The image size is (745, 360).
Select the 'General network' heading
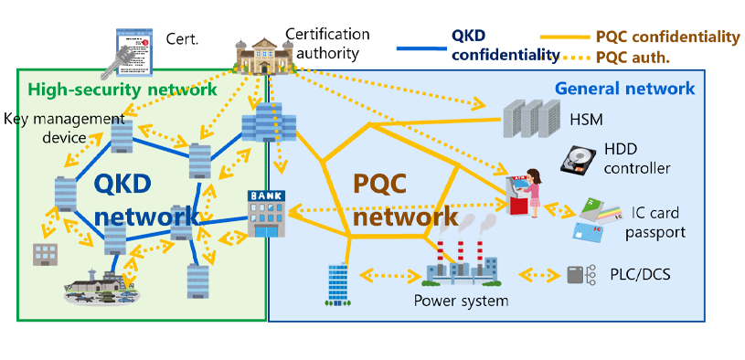point(625,89)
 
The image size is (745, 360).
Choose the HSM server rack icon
point(530,120)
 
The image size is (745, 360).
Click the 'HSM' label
point(610,121)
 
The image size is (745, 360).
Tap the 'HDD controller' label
point(637,159)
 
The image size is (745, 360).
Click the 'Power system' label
point(461,300)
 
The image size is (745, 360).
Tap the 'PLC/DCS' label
point(630,273)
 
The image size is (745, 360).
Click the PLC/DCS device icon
point(575,274)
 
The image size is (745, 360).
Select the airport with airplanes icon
point(101,286)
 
